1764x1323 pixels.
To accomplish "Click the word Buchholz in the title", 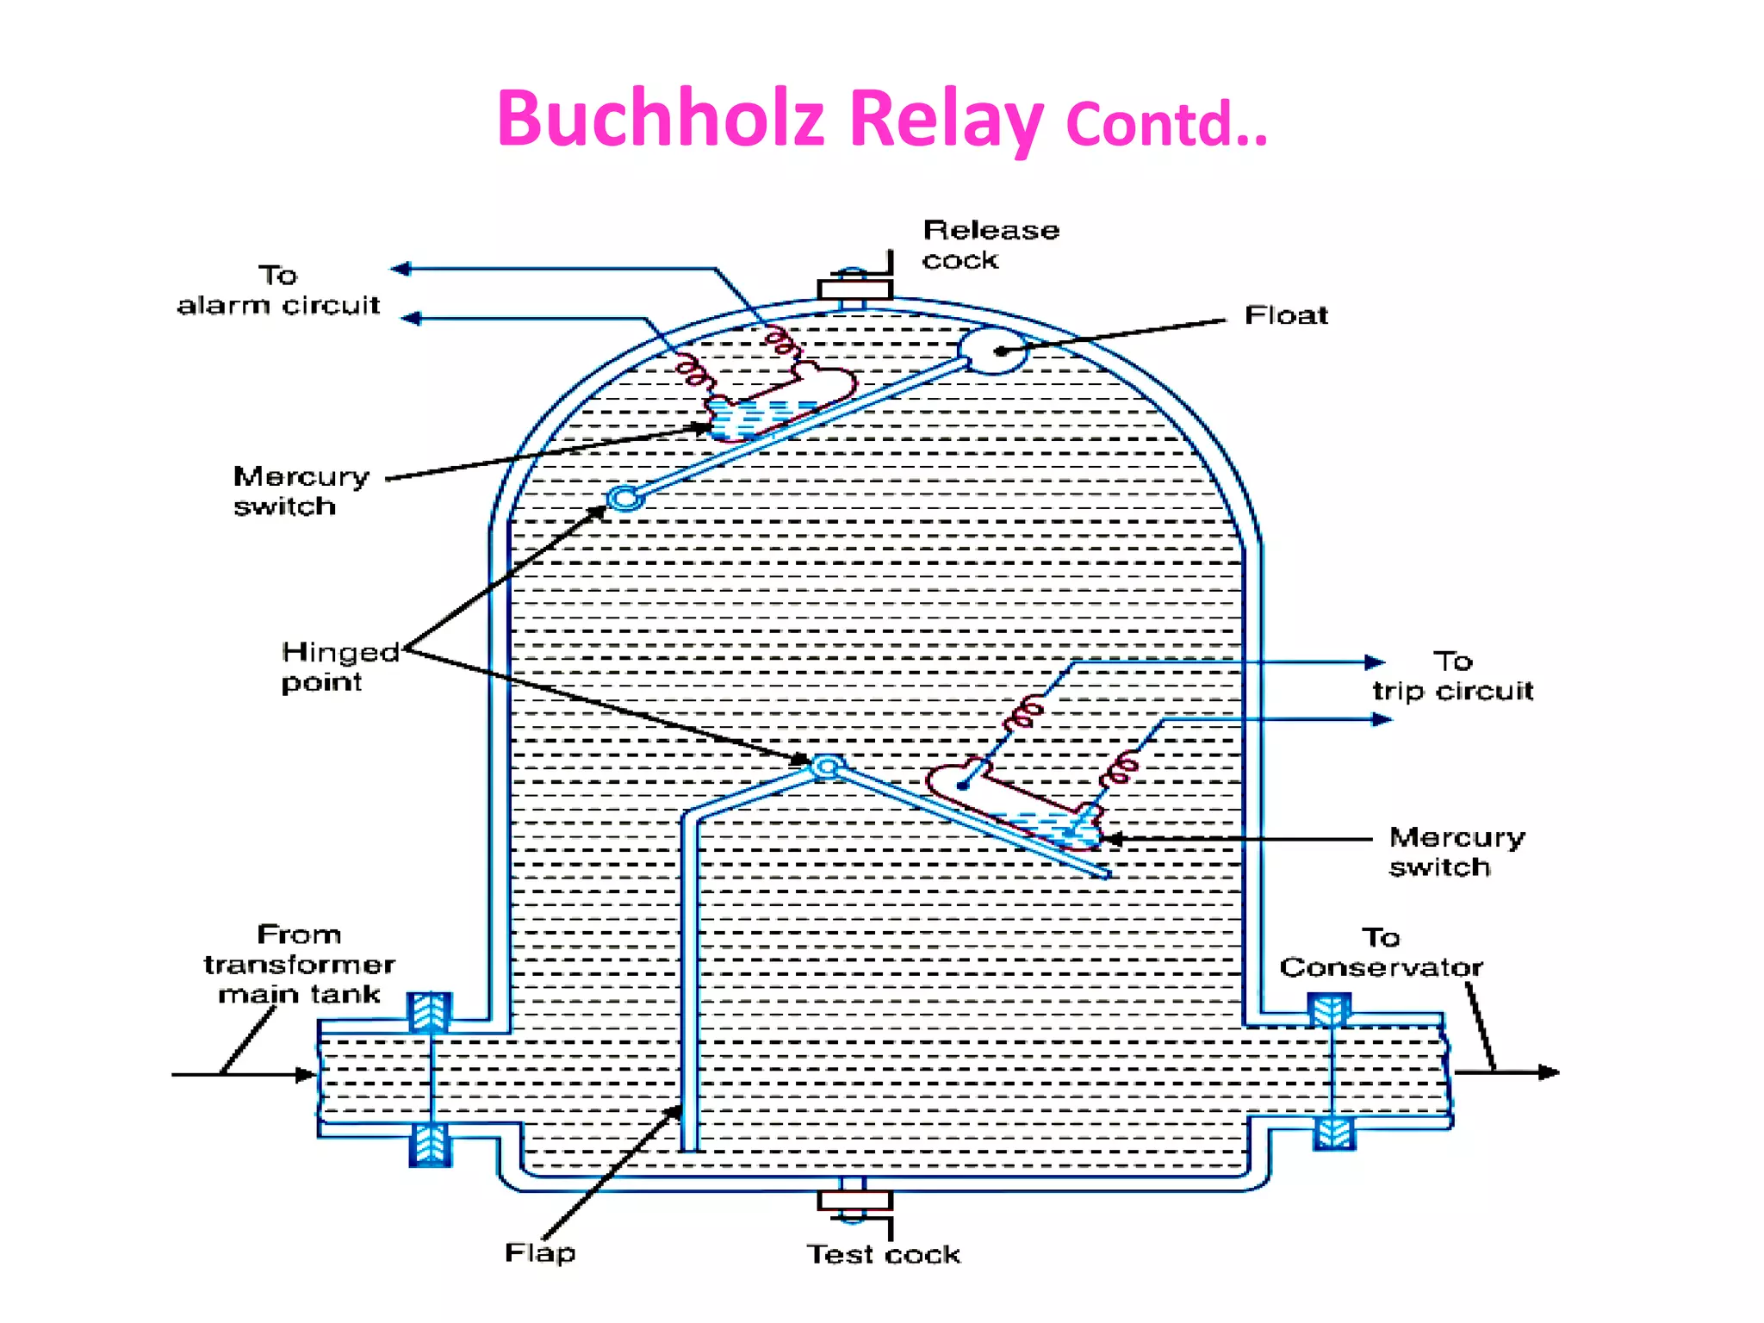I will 661,119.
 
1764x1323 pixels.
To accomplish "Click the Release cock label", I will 990,245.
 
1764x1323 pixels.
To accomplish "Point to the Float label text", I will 1285,315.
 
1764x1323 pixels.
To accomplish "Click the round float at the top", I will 992,351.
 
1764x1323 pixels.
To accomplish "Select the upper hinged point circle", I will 625,498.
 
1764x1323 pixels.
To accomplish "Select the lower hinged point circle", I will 827,766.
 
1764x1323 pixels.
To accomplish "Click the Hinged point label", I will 339,666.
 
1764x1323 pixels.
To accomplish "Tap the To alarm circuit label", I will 278,290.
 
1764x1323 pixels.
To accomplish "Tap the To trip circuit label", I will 1452,676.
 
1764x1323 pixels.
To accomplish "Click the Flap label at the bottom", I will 540,1252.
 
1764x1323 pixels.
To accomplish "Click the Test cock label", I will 883,1254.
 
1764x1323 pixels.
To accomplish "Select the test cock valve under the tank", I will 854,1201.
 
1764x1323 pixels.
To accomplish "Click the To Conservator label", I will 1381,953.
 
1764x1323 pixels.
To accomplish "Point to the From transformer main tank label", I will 299,964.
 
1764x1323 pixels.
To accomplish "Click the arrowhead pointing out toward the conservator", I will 1549,1072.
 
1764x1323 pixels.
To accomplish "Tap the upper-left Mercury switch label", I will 301,491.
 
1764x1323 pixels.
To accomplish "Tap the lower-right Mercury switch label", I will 1456,852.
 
